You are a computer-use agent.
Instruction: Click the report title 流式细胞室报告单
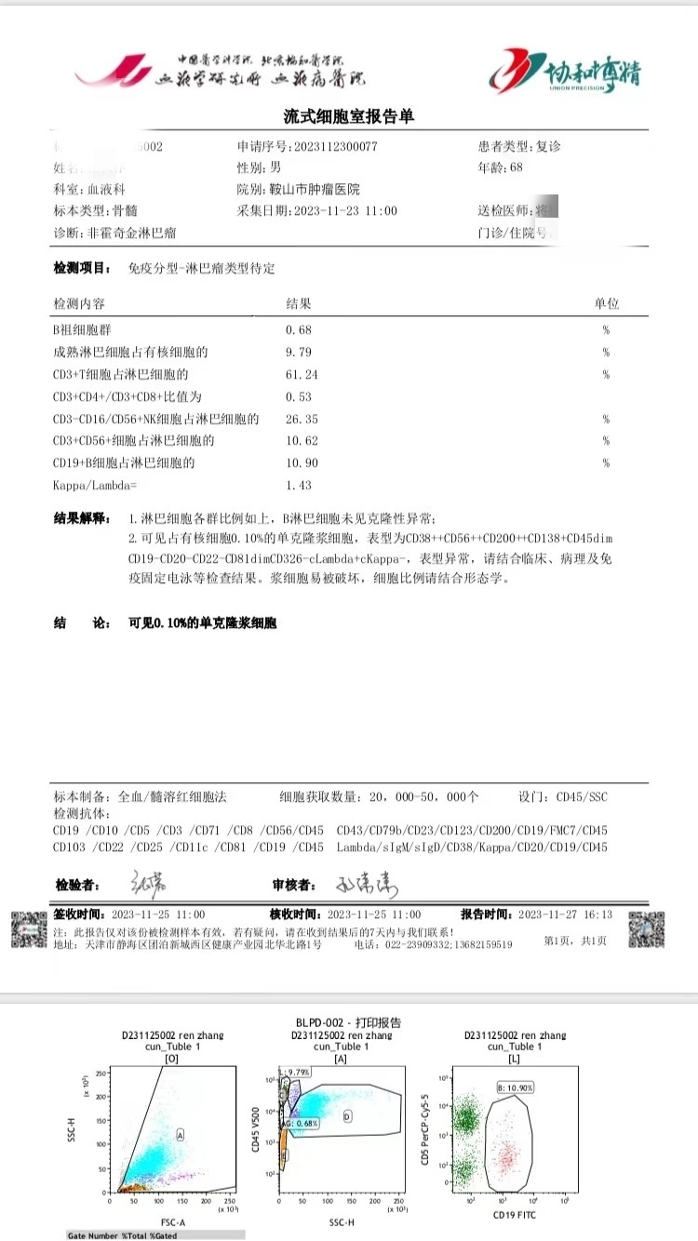tap(348, 116)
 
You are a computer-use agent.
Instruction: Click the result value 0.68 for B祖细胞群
tap(298, 329)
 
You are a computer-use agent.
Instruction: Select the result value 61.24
tap(301, 374)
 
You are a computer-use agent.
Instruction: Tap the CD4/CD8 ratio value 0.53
tap(298, 396)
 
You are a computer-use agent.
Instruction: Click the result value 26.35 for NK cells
tap(301, 419)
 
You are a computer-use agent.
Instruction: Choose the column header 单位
tap(607, 304)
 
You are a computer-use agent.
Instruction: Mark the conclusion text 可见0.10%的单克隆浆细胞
tap(203, 623)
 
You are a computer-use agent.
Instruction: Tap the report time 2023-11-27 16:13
tap(565, 914)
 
